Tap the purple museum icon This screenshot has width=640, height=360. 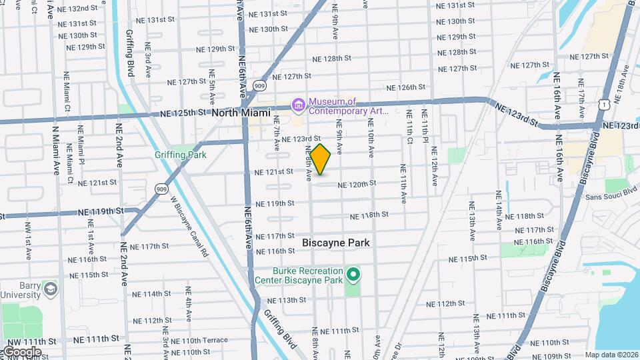click(298, 105)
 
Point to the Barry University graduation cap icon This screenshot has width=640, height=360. click(50, 289)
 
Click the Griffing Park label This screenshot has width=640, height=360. click(180, 155)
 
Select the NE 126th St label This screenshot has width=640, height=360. click(406, 87)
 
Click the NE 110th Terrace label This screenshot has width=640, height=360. click(200, 340)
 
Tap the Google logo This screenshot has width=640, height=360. click(22, 351)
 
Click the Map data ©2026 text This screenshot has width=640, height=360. click(611, 355)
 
